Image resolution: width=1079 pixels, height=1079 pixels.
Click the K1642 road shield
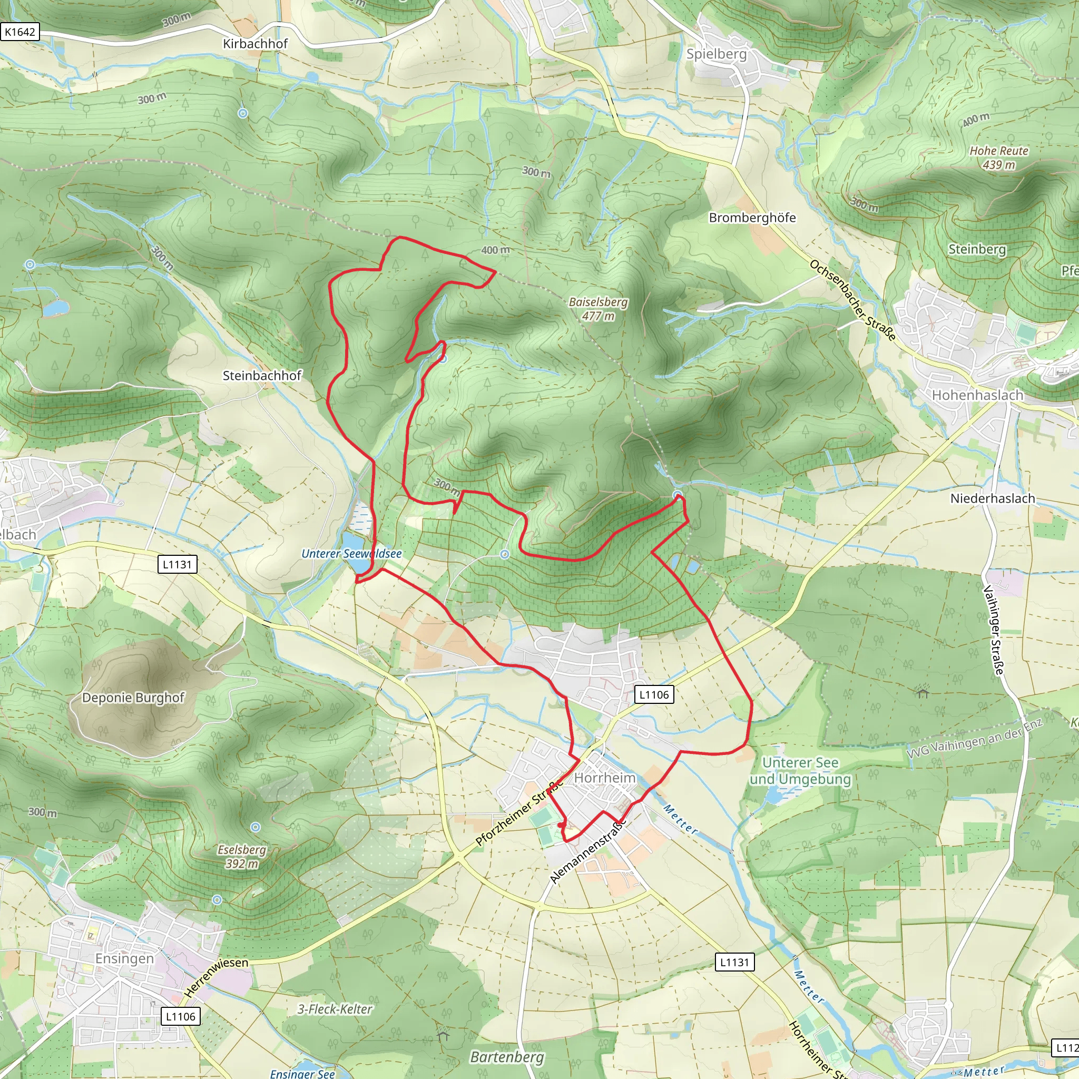coord(19,32)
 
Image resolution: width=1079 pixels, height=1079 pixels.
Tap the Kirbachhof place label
coord(255,44)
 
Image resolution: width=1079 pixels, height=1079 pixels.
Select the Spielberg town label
coord(716,54)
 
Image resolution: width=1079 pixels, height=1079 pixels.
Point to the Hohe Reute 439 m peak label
coord(998,158)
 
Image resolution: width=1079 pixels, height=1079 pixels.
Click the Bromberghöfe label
coord(752,218)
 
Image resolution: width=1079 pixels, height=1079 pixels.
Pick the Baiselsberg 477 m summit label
coord(598,309)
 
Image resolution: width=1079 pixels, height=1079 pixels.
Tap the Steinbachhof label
coord(262,376)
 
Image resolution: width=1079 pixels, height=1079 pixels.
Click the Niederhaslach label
coord(993,498)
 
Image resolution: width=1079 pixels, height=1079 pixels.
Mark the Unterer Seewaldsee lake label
coord(351,554)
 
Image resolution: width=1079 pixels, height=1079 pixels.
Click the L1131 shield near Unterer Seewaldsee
coord(177,565)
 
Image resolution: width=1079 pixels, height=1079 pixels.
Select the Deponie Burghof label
coord(133,698)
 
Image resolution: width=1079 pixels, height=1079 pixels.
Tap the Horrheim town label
coord(605,778)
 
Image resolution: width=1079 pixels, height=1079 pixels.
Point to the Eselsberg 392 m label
coord(242,857)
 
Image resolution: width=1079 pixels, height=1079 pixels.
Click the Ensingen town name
coord(124,958)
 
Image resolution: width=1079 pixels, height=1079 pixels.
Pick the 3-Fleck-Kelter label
coord(335,1009)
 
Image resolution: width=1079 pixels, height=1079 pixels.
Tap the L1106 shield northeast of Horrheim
coord(654,695)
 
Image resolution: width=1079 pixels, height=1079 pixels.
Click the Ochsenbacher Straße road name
coord(853,300)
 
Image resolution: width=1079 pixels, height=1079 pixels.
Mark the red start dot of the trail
coord(560,825)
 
